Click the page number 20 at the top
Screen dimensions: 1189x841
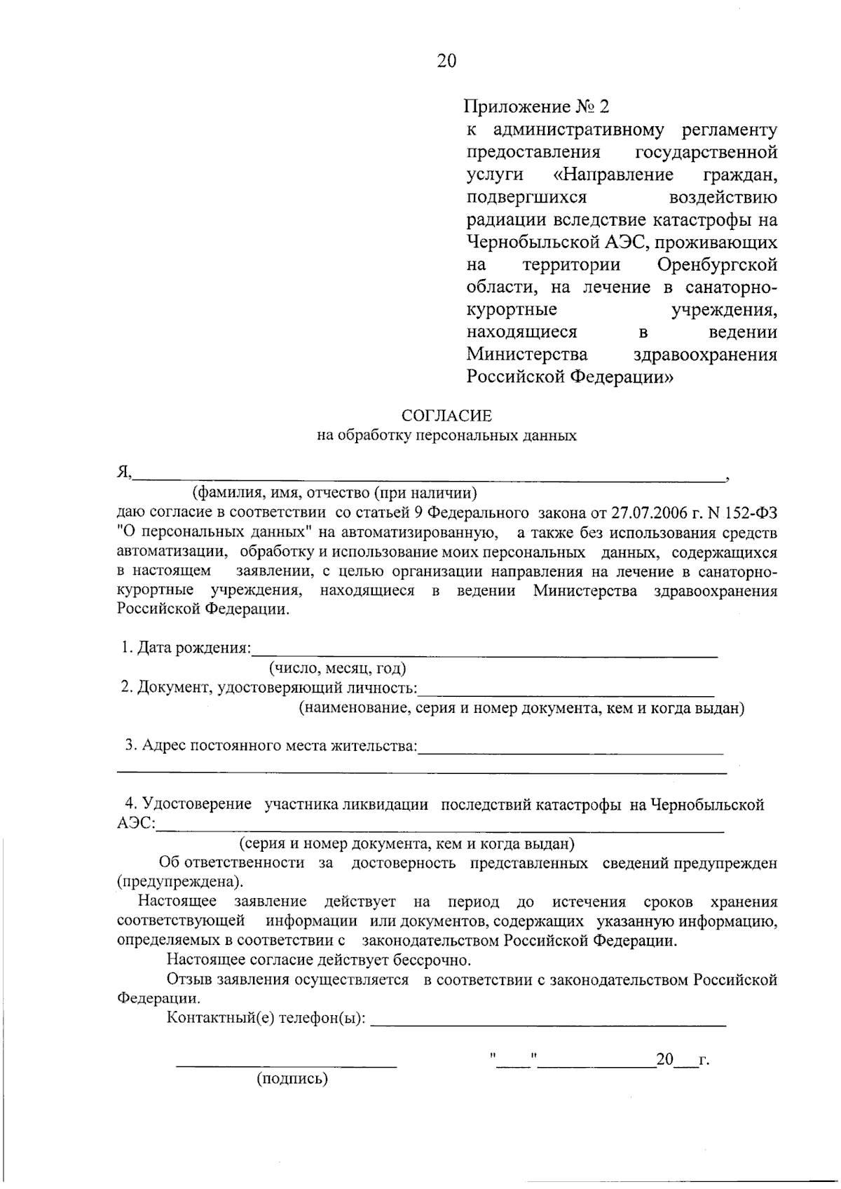[x=446, y=62]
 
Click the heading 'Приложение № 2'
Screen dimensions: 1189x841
[x=536, y=107]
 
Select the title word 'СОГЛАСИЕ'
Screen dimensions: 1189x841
[x=446, y=416]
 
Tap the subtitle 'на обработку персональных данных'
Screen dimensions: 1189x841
[x=446, y=435]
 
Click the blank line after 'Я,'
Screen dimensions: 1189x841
[x=429, y=477]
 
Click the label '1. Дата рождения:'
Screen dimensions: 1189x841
[x=185, y=648]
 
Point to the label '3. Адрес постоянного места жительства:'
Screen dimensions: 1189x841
[x=271, y=745]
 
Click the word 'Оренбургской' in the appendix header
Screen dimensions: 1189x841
[x=717, y=265]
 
